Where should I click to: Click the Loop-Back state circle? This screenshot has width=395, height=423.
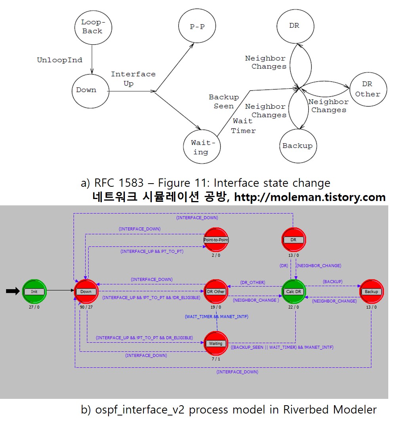pyautogui.click(x=92, y=27)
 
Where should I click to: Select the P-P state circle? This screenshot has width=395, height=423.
pyautogui.click(x=197, y=27)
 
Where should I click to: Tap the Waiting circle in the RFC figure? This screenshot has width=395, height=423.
pyautogui.click(x=201, y=147)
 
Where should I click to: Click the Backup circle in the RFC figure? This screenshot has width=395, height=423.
pyautogui.click(x=297, y=146)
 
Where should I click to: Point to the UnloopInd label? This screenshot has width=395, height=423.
pyautogui.click(x=60, y=60)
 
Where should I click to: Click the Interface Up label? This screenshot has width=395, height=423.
pyautogui.click(x=133, y=79)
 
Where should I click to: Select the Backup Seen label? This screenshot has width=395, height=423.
pyautogui.click(x=224, y=102)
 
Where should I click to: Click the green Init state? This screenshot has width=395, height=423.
pyautogui.click(x=34, y=291)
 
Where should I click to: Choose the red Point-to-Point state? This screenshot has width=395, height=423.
pyautogui.click(x=216, y=240)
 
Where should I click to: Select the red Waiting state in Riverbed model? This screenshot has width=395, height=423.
pyautogui.click(x=216, y=343)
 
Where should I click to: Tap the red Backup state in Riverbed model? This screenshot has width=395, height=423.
pyautogui.click(x=371, y=292)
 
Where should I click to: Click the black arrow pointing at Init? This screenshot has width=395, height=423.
pyautogui.click(x=13, y=291)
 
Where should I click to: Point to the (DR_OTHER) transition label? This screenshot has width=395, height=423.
pyautogui.click(x=252, y=283)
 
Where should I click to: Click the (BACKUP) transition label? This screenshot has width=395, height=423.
pyautogui.click(x=332, y=281)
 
